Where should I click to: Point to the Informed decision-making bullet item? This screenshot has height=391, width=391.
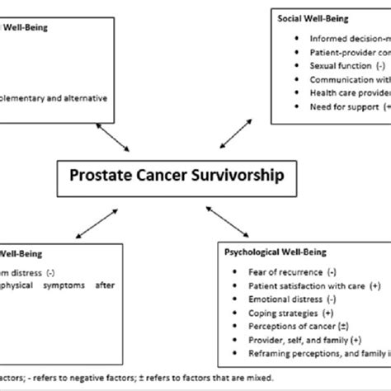(347, 37)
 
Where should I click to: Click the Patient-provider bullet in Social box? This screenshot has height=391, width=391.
(347, 51)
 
